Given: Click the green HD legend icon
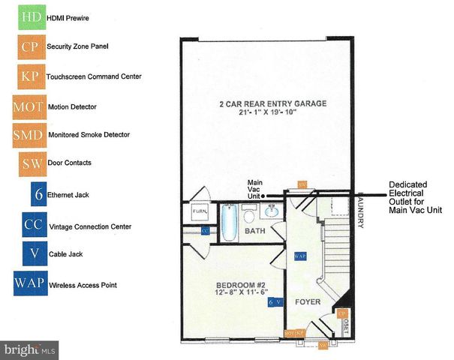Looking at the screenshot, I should coord(31,16).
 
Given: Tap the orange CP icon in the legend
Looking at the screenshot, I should coord(31,46).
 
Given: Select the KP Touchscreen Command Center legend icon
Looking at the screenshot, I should coord(31,75).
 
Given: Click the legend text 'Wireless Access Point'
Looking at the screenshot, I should coord(83,284).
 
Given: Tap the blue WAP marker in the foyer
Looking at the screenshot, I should coord(301,256).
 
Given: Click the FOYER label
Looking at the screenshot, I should coord(306,303).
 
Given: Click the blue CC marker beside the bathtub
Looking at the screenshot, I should coord(204,230).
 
